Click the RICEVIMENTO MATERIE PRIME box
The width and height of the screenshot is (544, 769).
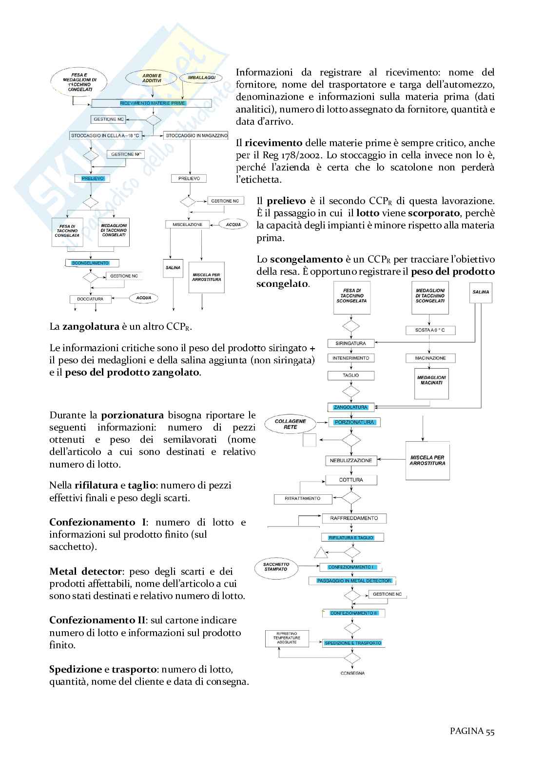(152, 103)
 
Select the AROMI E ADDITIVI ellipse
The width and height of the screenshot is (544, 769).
(152, 78)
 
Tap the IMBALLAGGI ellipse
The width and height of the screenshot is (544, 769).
(201, 78)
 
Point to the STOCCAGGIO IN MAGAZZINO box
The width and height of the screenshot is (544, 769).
(196, 135)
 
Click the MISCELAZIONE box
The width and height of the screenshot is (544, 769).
(188, 225)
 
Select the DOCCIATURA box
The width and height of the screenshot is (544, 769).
(90, 299)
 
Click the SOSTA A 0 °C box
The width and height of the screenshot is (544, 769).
(430, 330)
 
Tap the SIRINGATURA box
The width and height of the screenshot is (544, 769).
(350, 343)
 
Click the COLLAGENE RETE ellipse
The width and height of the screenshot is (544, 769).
(291, 424)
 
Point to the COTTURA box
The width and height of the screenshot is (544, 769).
(351, 480)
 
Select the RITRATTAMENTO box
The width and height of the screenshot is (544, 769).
(303, 499)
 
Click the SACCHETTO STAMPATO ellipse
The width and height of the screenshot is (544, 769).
(276, 567)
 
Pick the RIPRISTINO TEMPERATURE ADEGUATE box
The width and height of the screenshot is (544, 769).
(287, 638)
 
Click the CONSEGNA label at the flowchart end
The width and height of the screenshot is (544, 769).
(352, 673)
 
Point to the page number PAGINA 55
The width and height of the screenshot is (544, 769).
(472, 731)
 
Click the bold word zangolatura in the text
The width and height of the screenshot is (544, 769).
(91, 326)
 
